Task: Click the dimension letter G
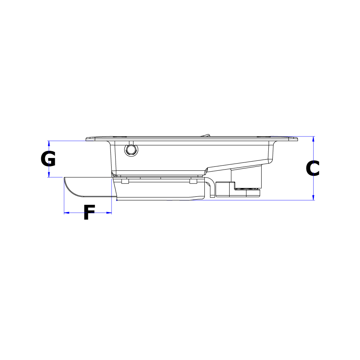point(48,159)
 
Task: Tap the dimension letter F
point(89,212)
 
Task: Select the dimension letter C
point(312,168)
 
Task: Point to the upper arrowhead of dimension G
point(49,143)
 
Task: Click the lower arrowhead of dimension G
point(49,175)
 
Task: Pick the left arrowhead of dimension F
point(66,213)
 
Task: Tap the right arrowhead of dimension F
point(109,213)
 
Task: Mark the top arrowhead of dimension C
point(313,139)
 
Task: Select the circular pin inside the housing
point(131,150)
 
